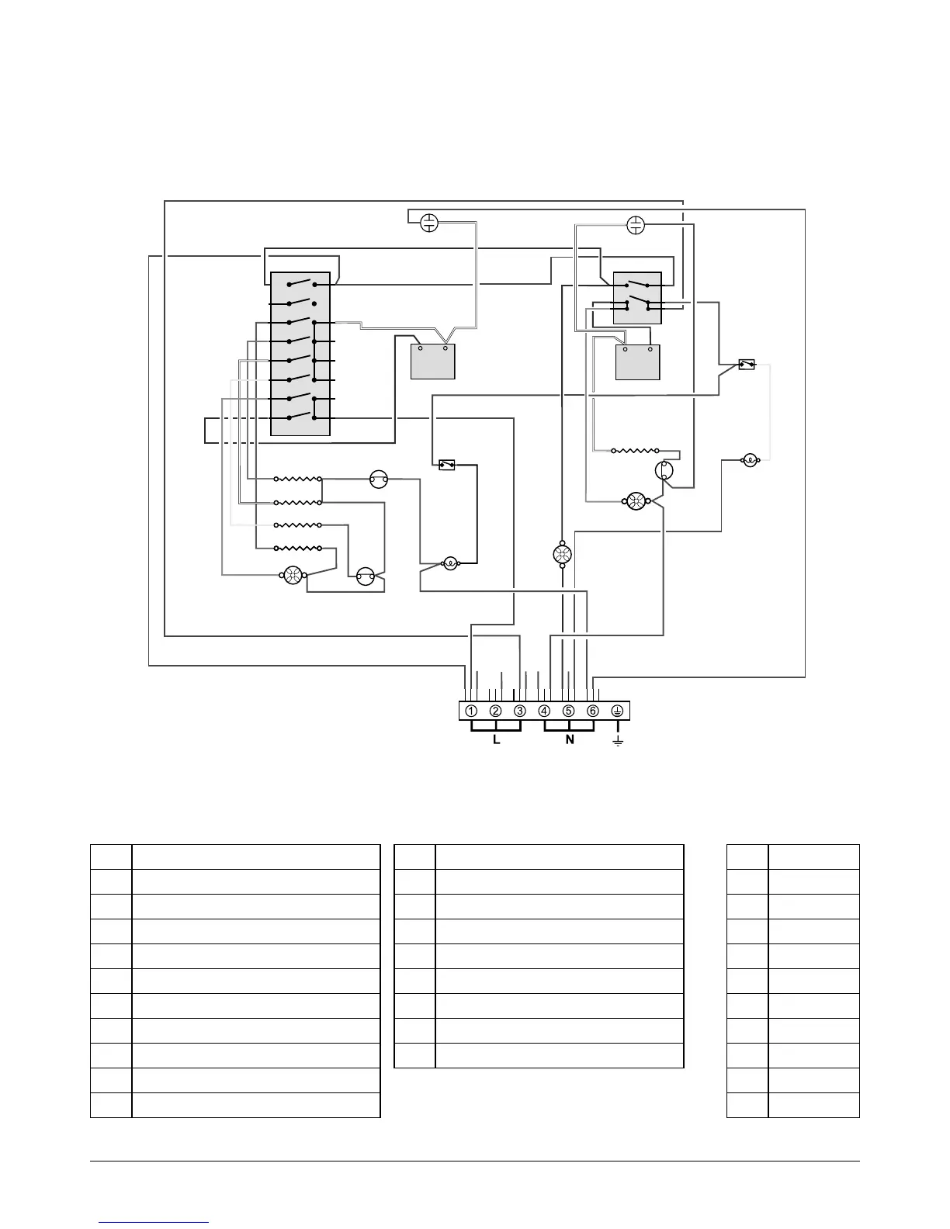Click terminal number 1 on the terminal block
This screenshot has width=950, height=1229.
pos(471,711)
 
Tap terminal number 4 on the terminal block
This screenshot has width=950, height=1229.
pos(545,711)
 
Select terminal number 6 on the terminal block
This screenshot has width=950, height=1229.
pos(593,711)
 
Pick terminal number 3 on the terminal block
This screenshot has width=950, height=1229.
pos(520,711)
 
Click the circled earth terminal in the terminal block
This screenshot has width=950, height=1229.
pos(619,711)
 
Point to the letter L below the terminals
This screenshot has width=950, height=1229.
pos(497,739)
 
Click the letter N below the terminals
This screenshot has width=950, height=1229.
pos(570,739)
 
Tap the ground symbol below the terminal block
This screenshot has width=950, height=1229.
pos(619,742)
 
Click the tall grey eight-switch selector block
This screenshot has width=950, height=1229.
pos(300,354)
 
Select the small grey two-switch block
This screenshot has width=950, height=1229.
pos(637,298)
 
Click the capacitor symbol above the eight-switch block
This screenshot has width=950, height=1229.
pos(429,223)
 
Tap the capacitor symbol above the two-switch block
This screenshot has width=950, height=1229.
pos(636,225)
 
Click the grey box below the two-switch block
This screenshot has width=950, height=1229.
pos(637,362)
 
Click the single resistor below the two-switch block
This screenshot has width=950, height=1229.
pos(635,450)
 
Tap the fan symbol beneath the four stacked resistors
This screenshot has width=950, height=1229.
pos(293,575)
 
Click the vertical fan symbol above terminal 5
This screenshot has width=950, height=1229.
pos(562,555)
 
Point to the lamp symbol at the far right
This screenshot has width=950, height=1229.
pos(750,460)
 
